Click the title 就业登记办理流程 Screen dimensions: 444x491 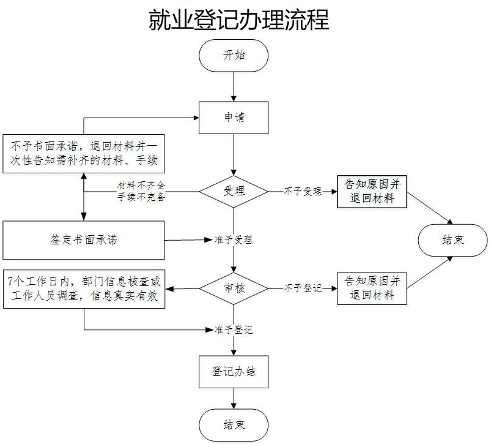coord(239,20)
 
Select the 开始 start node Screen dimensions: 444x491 coord(234,55)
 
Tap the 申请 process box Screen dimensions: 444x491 coord(234,117)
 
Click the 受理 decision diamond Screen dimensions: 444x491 coord(234,191)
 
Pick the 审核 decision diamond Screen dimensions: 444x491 coord(234,287)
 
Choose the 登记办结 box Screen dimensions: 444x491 coord(234,372)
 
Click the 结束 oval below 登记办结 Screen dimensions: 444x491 coord(234,424)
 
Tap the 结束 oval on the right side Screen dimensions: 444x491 coord(453,239)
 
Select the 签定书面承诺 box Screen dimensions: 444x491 coord(84,239)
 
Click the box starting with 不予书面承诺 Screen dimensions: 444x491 coord(84,152)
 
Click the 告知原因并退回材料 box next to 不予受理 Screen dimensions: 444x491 coord(372,191)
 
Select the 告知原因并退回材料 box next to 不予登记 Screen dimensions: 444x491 coord(372,288)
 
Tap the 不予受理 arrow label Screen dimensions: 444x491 coord(302,191)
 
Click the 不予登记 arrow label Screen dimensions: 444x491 coord(302,288)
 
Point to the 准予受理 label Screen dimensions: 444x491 coord(233,239)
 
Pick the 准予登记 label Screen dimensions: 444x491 coord(233,329)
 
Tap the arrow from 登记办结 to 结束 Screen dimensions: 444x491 coord(234,399)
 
